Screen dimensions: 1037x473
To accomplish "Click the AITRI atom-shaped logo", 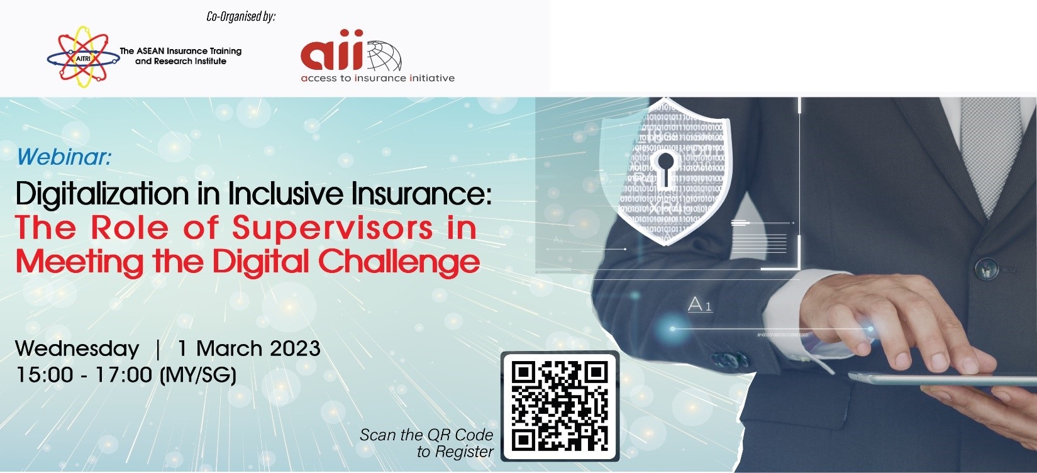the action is tap(83, 57).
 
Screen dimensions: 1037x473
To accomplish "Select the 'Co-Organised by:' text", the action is tap(241, 16).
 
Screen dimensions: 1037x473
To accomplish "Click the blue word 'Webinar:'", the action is tap(64, 157).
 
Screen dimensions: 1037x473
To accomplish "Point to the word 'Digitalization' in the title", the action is tap(103, 194).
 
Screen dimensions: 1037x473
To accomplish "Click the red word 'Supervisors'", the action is tap(333, 228).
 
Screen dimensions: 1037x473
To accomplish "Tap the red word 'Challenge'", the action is tap(399, 262).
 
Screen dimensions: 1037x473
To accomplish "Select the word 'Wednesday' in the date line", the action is tap(77, 348).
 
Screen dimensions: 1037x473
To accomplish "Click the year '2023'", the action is tap(295, 348).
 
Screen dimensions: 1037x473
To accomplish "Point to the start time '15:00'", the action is tap(45, 374).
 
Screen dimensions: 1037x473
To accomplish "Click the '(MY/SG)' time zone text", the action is tap(198, 375).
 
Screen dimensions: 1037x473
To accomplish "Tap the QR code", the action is tap(560, 406).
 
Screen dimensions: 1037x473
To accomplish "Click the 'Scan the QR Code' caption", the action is tap(426, 435).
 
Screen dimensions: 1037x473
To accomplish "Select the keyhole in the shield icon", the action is tap(665, 169).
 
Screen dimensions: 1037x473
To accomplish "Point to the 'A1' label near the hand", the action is tap(699, 305).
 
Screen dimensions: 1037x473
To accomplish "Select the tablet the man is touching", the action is tap(942, 379).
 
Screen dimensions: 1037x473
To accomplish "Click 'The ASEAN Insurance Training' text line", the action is tap(180, 51).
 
